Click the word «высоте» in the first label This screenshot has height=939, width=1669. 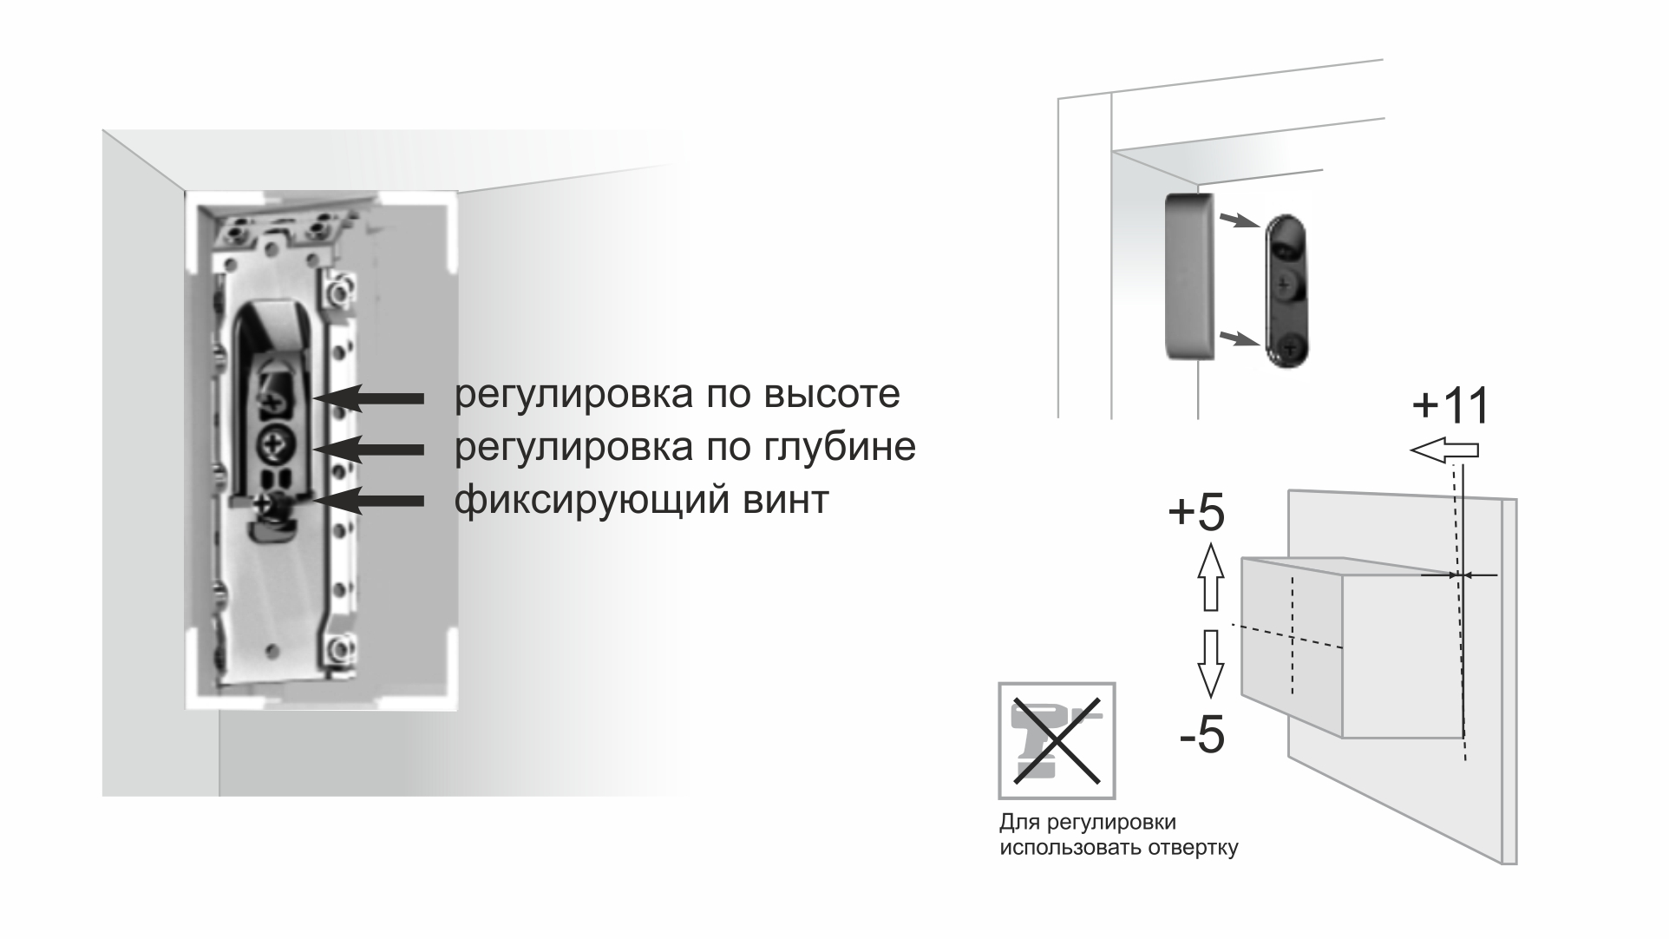point(832,396)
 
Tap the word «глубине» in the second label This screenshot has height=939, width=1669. point(840,448)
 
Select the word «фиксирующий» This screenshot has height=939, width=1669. point(591,501)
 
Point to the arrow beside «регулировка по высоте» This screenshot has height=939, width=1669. point(368,397)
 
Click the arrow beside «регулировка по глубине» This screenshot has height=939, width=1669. point(368,449)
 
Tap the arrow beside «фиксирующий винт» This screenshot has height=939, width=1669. point(368,500)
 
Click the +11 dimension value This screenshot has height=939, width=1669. point(1450,405)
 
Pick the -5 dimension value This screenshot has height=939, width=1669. point(1201,736)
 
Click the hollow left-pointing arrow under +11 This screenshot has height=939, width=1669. point(1444,450)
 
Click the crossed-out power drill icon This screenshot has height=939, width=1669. point(1057,740)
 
